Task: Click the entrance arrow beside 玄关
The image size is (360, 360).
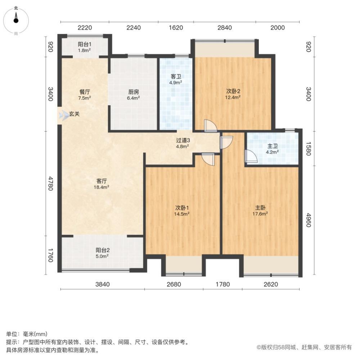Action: pos(63,116)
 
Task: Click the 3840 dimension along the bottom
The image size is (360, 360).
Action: pos(102,284)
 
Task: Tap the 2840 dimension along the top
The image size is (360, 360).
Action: pos(225,28)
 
